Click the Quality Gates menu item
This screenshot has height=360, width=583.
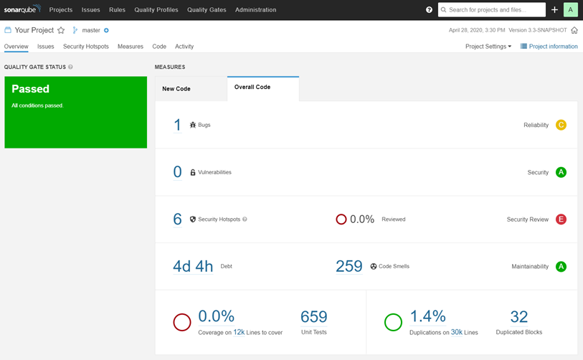(x=207, y=10)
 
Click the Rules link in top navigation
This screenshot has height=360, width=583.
(x=117, y=10)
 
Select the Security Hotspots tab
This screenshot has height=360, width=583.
(x=86, y=46)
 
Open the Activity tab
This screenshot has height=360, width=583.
(x=184, y=46)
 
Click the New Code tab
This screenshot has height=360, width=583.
(x=176, y=89)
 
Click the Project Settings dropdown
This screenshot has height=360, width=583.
(x=488, y=46)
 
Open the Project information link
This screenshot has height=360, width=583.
(x=549, y=46)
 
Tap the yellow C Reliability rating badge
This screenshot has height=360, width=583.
(x=561, y=125)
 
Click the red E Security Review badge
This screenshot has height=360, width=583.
(x=561, y=219)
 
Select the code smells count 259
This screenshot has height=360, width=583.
(x=349, y=266)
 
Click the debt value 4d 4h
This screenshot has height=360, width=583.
(x=193, y=266)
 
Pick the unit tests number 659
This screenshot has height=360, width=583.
(x=314, y=317)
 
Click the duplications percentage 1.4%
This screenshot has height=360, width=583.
(x=428, y=316)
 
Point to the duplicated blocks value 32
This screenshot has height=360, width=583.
(x=519, y=317)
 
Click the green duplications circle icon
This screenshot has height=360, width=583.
(x=393, y=322)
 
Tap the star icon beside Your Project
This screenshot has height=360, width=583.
(x=61, y=30)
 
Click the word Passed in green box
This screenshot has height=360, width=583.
(x=31, y=89)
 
